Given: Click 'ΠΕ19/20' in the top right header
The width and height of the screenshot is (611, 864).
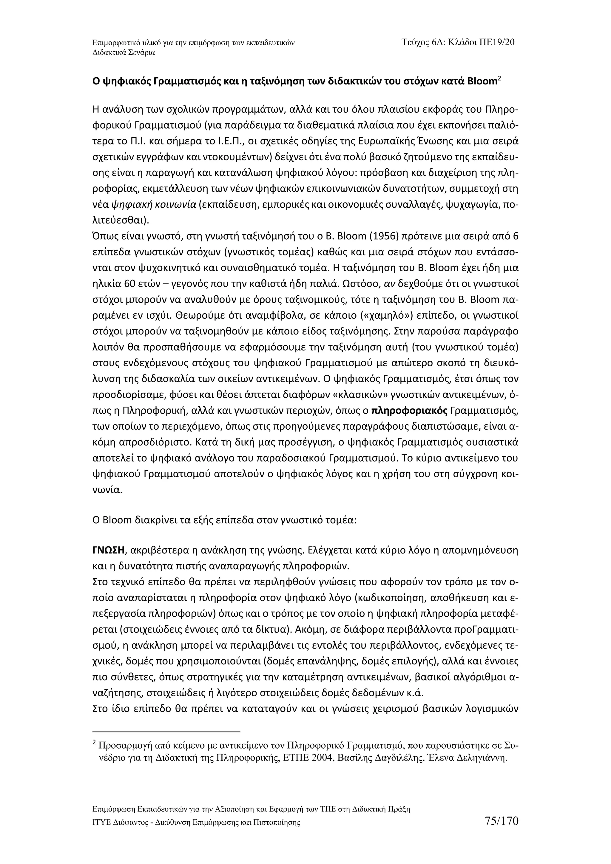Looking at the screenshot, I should coord(497,42).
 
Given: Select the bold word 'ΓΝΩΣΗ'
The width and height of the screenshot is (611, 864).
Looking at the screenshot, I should coord(108,551).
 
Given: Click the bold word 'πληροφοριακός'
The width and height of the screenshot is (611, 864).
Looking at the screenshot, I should coord(409,411).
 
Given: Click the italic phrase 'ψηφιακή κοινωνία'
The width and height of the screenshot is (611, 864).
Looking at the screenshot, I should coord(154,205).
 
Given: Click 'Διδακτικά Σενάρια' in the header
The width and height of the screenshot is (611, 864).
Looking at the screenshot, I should coord(124,53).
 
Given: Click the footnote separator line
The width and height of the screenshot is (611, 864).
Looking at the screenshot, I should coord(166,732).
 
